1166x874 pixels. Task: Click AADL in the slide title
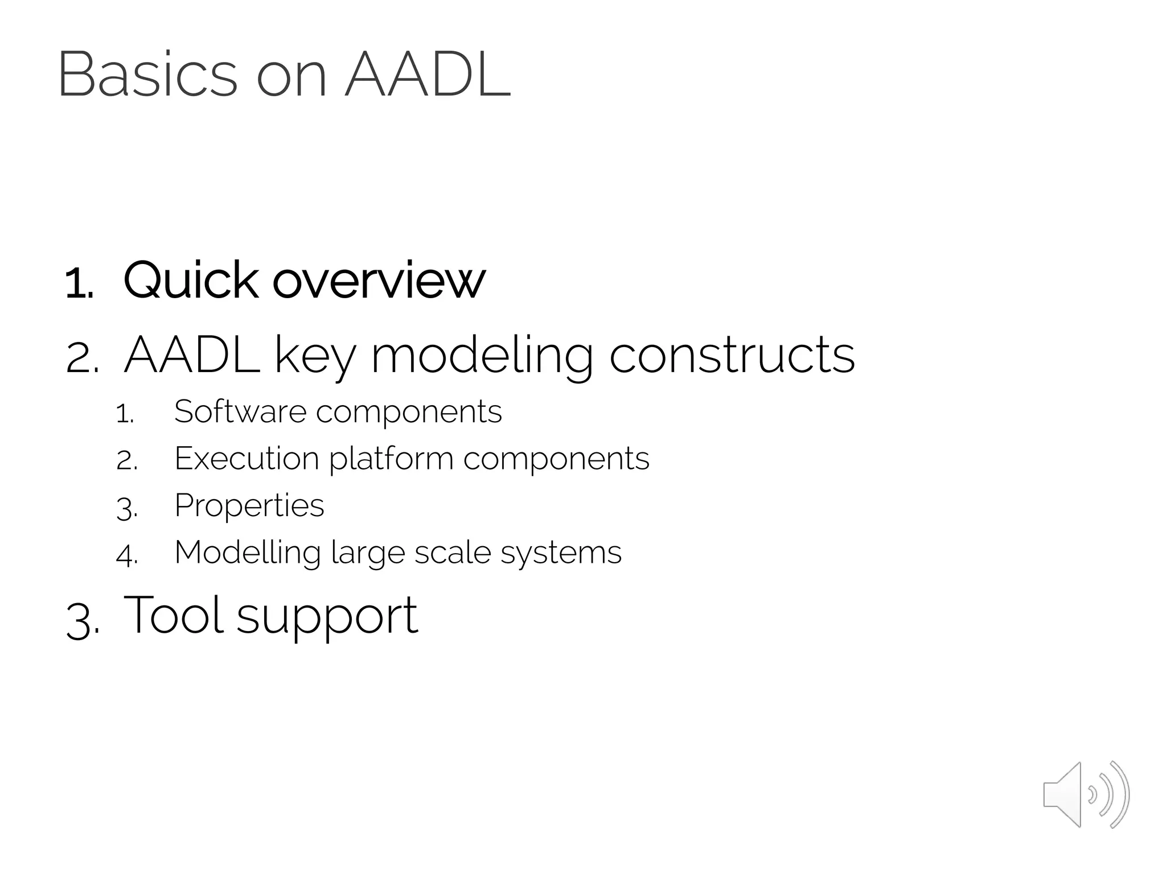[x=428, y=76]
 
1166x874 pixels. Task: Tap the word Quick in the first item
[x=191, y=281]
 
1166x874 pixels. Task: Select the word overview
[x=379, y=282]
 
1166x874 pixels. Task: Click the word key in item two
[x=315, y=356]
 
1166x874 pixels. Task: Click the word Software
[x=240, y=411]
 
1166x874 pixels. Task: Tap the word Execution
[x=247, y=458]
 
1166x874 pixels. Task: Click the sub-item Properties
[x=249, y=506]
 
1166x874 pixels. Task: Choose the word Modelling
[x=248, y=553]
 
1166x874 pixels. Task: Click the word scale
[x=452, y=553]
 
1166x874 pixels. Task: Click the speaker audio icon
[x=1086, y=794]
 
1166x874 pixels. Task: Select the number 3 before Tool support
[x=81, y=621]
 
